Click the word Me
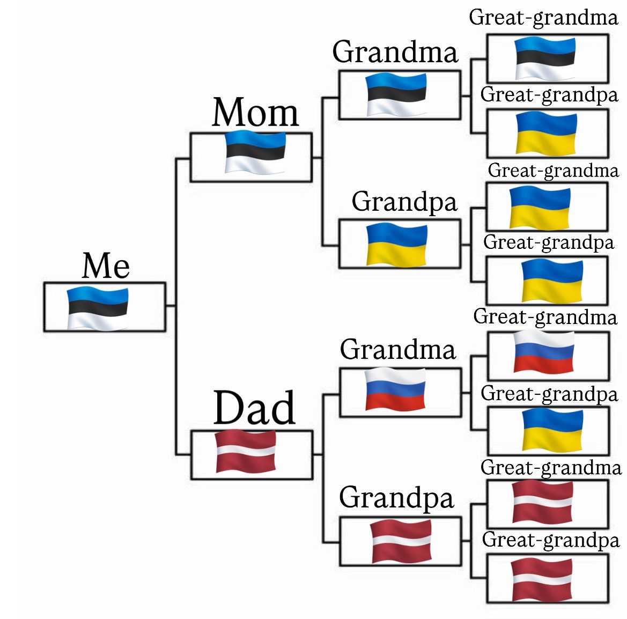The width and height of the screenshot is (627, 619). tap(106, 266)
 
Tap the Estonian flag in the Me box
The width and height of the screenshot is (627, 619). tap(98, 308)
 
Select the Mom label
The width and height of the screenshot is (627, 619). tap(255, 113)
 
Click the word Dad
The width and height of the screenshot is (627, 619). tap(254, 408)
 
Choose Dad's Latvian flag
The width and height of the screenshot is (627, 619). tap(246, 451)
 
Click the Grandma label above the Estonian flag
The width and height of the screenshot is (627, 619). tap(395, 52)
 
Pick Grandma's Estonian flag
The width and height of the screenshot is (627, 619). tap(396, 95)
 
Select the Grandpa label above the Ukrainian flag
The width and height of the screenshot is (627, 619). tap(404, 202)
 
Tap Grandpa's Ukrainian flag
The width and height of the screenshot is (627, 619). tap(397, 245)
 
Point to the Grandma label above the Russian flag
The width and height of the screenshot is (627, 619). tap(397, 350)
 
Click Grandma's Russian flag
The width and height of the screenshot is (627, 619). tap(395, 389)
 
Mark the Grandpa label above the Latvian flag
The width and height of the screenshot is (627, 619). tap(396, 497)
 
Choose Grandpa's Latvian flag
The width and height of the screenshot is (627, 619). tap(401, 541)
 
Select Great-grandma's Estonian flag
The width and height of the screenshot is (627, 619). tap(545, 58)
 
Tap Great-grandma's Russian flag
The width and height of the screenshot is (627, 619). tap(544, 352)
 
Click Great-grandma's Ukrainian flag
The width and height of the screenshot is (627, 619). tap(540, 207)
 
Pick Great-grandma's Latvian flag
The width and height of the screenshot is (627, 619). tap(543, 502)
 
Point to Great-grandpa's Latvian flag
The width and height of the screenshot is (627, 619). tap(542, 580)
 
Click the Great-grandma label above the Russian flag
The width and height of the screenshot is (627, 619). tap(545, 317)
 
